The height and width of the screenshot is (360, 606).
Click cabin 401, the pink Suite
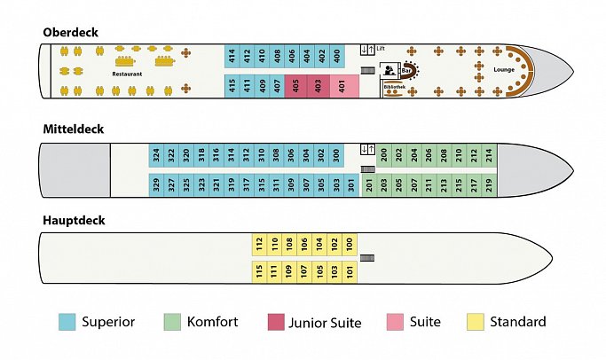point(344,86)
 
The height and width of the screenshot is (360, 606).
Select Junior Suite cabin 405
point(295,86)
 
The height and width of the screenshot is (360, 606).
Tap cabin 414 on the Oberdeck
point(232,56)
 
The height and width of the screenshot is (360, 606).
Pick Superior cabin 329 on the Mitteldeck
point(156,185)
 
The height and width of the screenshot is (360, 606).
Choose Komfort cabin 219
point(489,185)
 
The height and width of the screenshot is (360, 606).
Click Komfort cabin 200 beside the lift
point(384,155)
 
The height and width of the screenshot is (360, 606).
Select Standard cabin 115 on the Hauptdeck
point(259,272)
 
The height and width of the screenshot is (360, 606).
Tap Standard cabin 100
point(350,245)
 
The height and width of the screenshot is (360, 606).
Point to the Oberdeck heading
point(70,32)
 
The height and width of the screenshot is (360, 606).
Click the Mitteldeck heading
point(74,129)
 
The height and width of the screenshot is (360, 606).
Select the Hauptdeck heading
point(74,220)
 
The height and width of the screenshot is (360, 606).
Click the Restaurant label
point(127,74)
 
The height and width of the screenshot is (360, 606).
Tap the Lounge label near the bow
point(504,69)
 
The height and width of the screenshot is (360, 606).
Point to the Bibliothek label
point(395,87)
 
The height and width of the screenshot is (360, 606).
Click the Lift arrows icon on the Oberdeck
point(367,50)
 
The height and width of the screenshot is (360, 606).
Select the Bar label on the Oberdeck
point(405,71)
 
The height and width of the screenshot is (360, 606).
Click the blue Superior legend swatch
point(67,322)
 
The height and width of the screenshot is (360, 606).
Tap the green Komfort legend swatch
point(172,322)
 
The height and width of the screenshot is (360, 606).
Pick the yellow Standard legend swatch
point(476,322)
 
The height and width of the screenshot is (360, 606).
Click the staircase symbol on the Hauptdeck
point(367,258)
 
